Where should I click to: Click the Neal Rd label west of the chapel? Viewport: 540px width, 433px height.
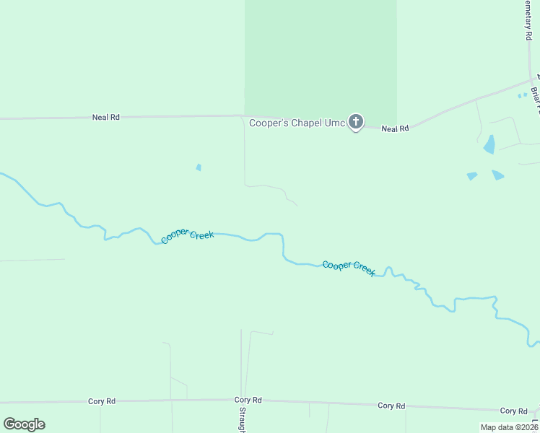click(105, 117)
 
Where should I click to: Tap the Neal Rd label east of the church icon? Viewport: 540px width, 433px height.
click(395, 128)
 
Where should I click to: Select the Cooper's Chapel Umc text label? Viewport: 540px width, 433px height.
click(297, 123)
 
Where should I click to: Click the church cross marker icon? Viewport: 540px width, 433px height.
click(355, 122)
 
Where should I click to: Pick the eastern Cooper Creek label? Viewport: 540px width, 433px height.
click(349, 268)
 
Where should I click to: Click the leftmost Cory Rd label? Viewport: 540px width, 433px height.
click(102, 401)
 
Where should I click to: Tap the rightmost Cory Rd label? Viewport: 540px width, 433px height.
click(514, 411)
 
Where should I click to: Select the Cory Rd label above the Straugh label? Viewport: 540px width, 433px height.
click(248, 400)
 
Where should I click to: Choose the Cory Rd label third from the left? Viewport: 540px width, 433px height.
click(391, 406)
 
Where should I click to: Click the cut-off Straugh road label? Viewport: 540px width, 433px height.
click(242, 422)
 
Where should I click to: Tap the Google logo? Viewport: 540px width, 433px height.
click(24, 424)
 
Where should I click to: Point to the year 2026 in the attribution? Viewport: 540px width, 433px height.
click(528, 427)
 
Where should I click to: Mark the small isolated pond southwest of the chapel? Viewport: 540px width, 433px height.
click(199, 167)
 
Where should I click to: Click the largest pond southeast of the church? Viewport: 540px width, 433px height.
click(489, 144)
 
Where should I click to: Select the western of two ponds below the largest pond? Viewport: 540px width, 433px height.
click(472, 176)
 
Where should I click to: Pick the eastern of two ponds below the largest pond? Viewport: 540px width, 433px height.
click(498, 175)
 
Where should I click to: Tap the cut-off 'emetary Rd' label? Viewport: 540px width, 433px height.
click(527, 19)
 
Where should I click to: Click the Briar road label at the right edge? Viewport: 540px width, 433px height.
click(535, 100)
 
